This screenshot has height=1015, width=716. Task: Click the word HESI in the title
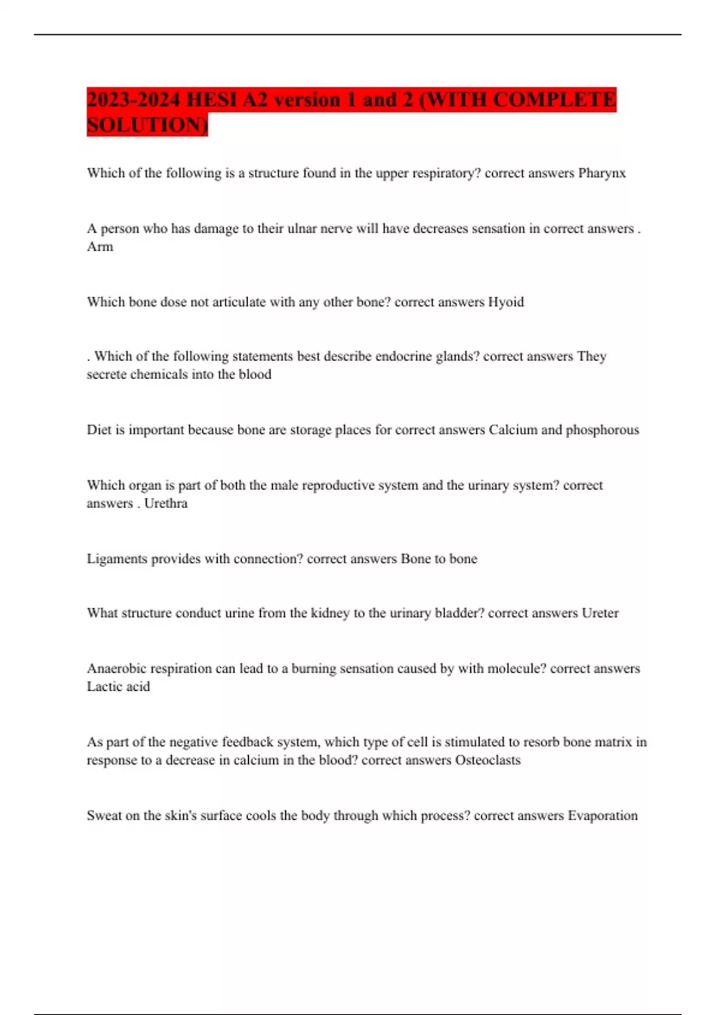211,100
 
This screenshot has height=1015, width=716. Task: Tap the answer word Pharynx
602,173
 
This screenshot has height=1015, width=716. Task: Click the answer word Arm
100,247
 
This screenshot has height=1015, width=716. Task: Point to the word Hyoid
506,302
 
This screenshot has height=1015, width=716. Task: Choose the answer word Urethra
166,503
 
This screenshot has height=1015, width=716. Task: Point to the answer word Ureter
600,613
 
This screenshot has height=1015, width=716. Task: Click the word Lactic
104,687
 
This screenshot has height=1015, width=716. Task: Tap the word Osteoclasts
487,760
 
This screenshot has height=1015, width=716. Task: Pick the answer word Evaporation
602,816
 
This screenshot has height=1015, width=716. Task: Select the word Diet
98,430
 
